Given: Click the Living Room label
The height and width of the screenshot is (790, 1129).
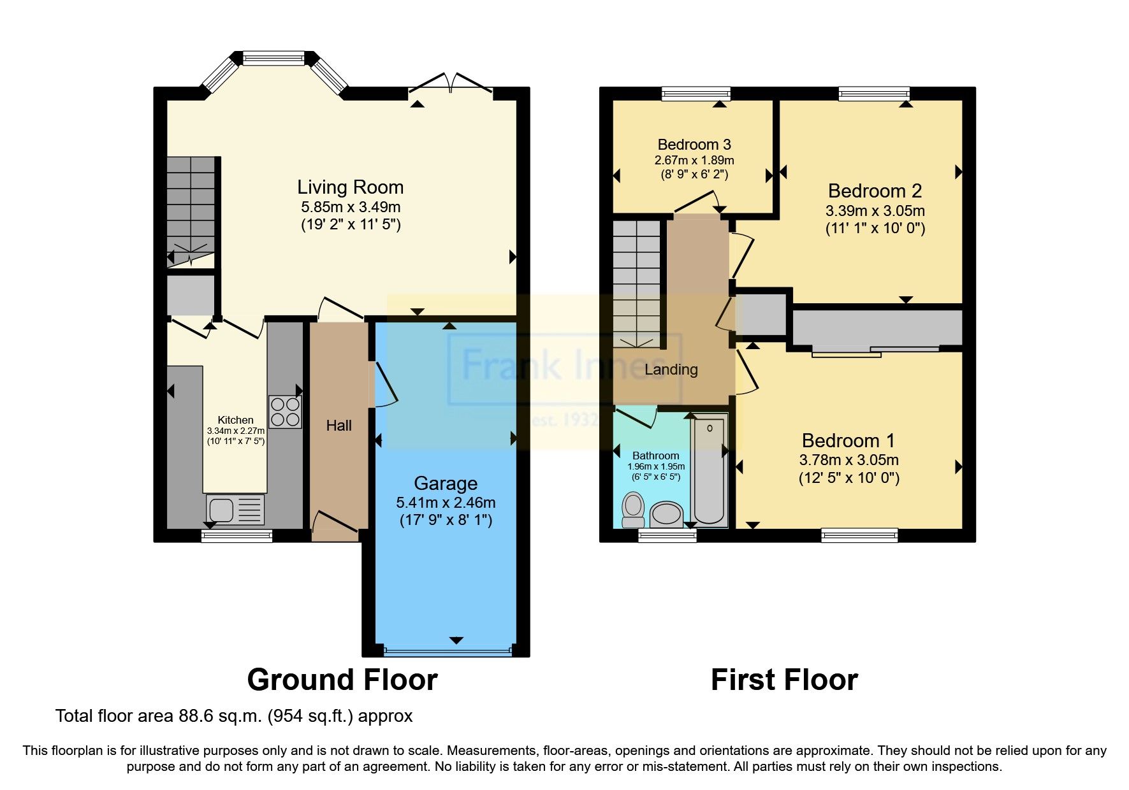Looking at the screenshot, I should pyautogui.click(x=350, y=187).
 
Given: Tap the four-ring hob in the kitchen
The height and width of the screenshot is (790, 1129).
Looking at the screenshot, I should pyautogui.click(x=285, y=412).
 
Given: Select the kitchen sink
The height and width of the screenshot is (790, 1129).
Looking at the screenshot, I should pyautogui.click(x=235, y=510).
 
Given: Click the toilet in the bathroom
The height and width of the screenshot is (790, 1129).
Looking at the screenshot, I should pyautogui.click(x=633, y=508).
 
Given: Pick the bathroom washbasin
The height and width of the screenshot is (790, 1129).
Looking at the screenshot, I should pyautogui.click(x=667, y=513).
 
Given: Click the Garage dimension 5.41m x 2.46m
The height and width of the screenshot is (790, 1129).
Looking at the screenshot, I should pyautogui.click(x=445, y=503).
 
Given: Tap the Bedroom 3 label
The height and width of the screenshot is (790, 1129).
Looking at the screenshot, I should pyautogui.click(x=694, y=145).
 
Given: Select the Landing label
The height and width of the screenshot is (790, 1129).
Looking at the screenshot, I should pyautogui.click(x=671, y=370).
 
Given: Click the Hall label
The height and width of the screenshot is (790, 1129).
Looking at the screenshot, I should pyautogui.click(x=339, y=426).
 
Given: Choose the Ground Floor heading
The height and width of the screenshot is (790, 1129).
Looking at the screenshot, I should pyautogui.click(x=342, y=680).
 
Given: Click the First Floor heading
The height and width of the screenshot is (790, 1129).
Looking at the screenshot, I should pyautogui.click(x=784, y=680).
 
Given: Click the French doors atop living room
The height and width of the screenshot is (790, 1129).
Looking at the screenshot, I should pyautogui.click(x=451, y=86).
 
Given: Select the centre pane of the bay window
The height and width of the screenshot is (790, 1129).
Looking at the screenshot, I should pyautogui.click(x=274, y=59).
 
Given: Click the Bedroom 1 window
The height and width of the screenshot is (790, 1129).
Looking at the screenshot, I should pyautogui.click(x=859, y=535).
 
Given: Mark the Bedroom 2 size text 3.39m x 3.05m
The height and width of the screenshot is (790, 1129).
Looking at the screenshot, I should pyautogui.click(x=875, y=211).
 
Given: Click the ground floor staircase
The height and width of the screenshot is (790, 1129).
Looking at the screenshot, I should pyautogui.click(x=191, y=210).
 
